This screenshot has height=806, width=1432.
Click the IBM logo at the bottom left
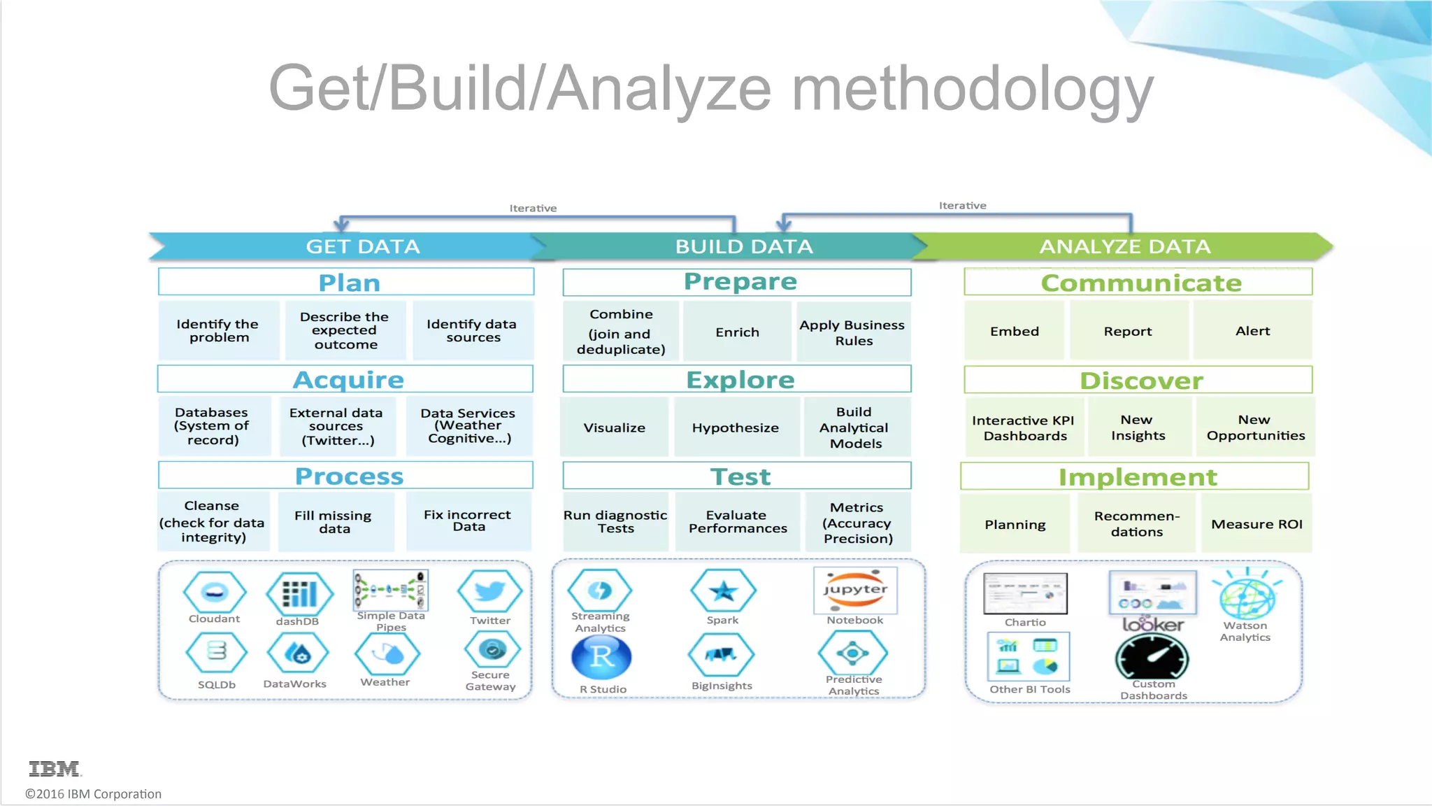(x=55, y=768)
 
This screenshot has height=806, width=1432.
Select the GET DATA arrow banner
(x=362, y=246)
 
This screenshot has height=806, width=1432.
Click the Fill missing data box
(x=336, y=522)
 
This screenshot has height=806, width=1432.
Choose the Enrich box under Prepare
(x=737, y=332)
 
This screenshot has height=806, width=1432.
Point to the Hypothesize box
(x=736, y=427)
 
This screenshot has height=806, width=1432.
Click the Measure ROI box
(x=1256, y=524)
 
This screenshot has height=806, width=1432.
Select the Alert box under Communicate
(x=1252, y=331)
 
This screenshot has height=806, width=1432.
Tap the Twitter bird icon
(x=489, y=592)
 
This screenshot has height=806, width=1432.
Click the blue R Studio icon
(x=601, y=657)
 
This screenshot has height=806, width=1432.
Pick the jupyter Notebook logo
(x=855, y=589)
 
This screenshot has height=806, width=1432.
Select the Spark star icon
(x=723, y=591)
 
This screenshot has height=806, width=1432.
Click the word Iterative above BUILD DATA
(x=533, y=208)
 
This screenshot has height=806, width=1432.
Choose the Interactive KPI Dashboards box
(x=1024, y=427)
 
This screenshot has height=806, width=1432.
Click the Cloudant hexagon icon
(x=215, y=592)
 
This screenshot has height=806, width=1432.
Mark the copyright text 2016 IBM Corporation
(x=94, y=794)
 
